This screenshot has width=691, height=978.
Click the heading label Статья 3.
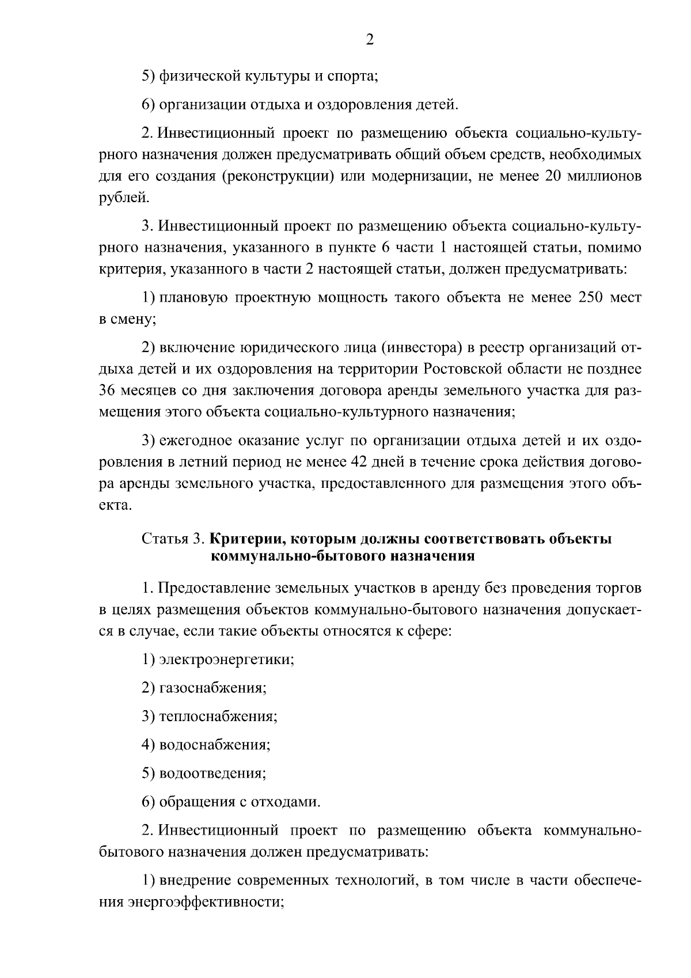(172, 539)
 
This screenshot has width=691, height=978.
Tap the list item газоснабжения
(212, 688)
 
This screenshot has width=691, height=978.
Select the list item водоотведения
(212, 774)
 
